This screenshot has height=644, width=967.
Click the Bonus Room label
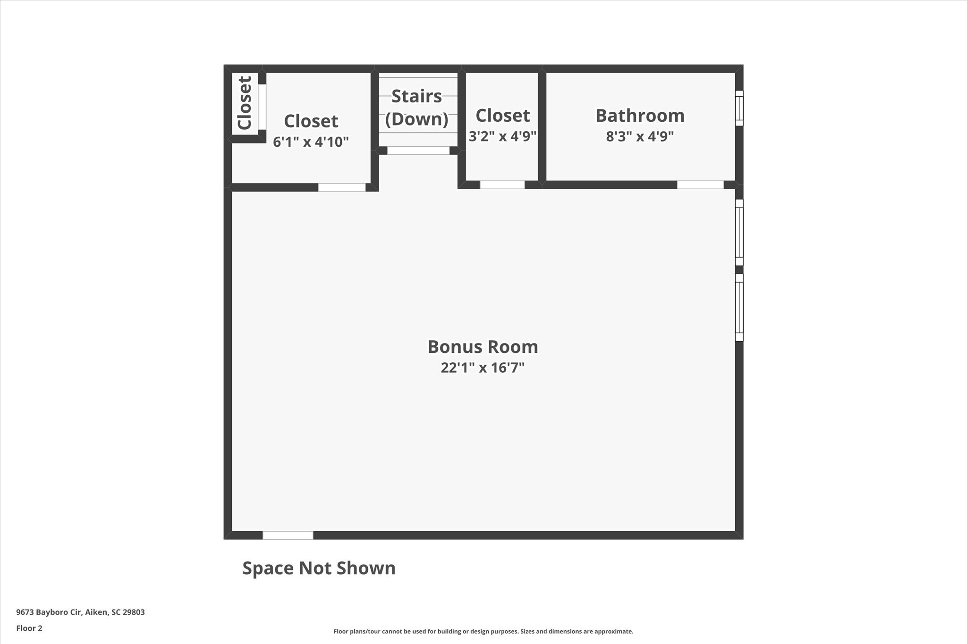[x=483, y=347]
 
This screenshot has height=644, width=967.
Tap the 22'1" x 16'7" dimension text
[x=483, y=368]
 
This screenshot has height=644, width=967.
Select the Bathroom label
[x=640, y=116]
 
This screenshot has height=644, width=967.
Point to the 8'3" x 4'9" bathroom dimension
[x=640, y=136]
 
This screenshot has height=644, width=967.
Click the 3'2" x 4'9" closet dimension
[x=502, y=136]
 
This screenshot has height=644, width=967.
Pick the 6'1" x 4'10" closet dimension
[x=311, y=142]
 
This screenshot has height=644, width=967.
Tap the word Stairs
[x=416, y=96]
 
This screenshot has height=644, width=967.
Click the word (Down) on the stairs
[x=416, y=119]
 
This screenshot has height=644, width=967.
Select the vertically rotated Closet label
[x=245, y=103]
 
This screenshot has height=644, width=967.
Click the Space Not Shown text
[x=319, y=568]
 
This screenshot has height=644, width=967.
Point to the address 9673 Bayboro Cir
[x=49, y=612]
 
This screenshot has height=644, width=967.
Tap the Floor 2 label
[x=29, y=628]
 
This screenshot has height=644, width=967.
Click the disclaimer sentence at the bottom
[x=483, y=631]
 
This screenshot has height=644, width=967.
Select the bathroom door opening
[x=700, y=185]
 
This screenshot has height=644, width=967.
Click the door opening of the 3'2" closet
[x=502, y=185]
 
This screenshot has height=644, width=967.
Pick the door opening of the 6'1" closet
[x=342, y=187]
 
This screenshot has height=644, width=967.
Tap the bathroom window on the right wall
[x=739, y=108]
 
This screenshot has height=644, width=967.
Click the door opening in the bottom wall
[x=288, y=535]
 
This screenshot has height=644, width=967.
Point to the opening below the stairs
[x=418, y=151]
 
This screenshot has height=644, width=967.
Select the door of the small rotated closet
[x=262, y=107]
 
